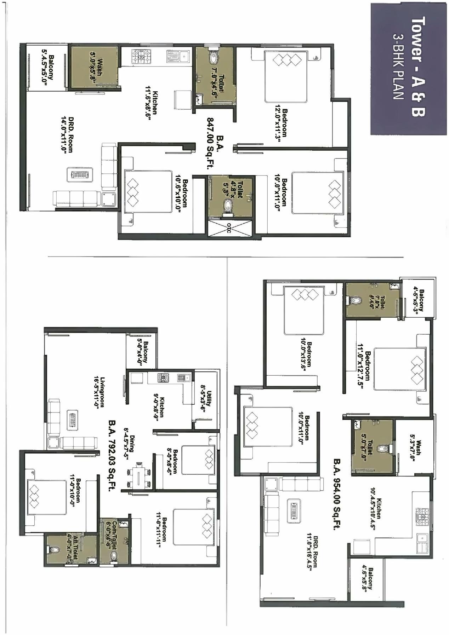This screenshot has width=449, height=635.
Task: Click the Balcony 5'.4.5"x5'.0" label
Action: [x=48, y=67]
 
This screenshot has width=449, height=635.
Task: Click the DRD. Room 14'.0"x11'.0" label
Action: [x=67, y=134]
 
